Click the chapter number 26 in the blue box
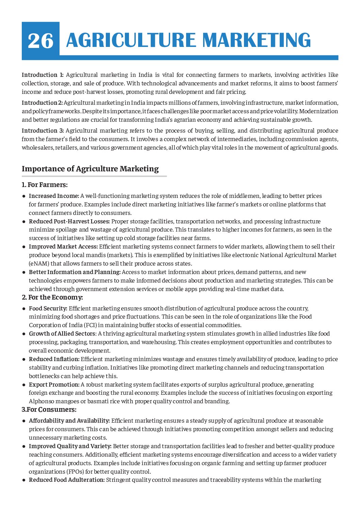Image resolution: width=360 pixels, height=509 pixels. click(40, 40)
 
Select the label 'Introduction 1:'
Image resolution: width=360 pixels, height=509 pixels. click(43, 75)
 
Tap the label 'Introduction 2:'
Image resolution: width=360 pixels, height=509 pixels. click(42, 103)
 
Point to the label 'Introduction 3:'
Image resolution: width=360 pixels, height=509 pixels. click(43, 131)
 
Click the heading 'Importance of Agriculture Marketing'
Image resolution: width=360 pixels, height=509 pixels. click(90, 169)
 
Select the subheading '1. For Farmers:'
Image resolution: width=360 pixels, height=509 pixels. click(45, 185)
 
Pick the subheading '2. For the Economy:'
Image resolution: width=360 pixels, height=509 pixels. click(52, 298)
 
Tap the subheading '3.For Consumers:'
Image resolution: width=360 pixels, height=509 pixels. click(49, 410)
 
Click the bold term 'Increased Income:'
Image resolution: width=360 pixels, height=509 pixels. click(54, 196)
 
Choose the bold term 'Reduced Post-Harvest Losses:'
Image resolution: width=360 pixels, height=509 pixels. click(69, 221)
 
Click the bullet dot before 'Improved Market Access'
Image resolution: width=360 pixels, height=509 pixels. click(24, 247)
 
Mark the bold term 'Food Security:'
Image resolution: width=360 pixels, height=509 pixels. click(48, 308)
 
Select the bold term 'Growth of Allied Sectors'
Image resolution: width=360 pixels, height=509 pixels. click(62, 334)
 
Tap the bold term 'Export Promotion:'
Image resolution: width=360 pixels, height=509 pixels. click(54, 385)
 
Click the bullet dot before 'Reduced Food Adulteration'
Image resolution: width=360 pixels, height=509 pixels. click(24, 480)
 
